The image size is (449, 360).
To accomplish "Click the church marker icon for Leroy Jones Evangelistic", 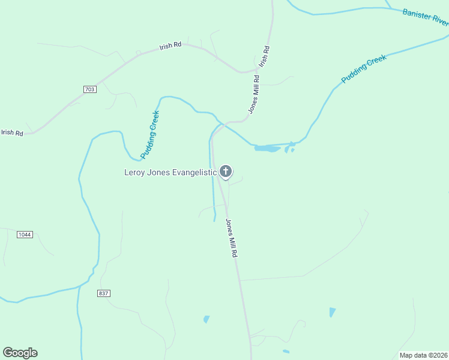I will coord(226,172).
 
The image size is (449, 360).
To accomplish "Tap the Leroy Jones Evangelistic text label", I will coord(170,172).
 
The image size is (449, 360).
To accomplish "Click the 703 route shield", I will coord(90,89).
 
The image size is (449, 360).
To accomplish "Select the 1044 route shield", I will coord(25,234).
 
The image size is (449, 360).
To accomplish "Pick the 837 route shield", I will coord(103,293).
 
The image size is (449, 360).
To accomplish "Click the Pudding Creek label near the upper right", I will coord(364,69).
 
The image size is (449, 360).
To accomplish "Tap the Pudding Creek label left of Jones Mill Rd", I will coord(150,134).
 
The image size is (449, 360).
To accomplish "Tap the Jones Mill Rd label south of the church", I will coord(232,238).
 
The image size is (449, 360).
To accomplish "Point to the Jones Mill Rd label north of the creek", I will coord(254,94).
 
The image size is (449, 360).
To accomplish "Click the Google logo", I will coord(20,353).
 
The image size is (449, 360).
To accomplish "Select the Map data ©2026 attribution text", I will coord(424,355).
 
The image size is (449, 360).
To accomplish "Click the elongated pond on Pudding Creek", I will coord(267,148).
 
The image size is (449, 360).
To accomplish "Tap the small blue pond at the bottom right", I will coord(332,312).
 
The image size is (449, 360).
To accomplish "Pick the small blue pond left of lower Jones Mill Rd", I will coord(206,319).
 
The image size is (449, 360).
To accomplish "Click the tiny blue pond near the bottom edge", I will coord(286,352).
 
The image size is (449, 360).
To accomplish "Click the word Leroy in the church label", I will coord(136,172).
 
